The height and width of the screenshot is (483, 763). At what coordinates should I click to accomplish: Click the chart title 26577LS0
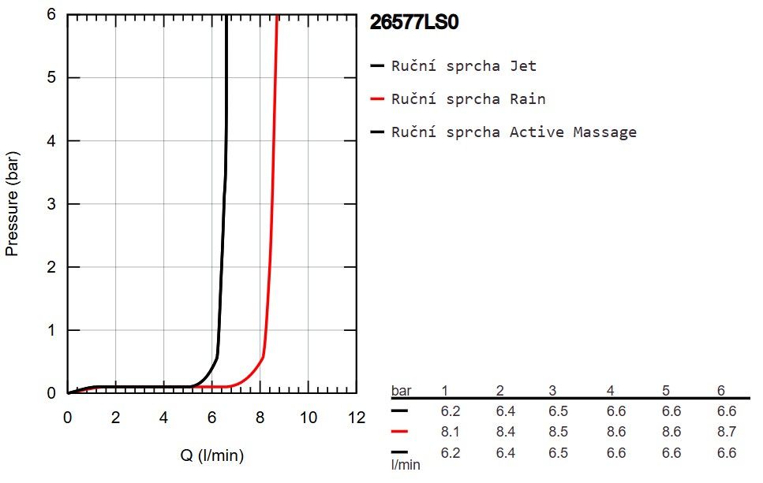click(414, 22)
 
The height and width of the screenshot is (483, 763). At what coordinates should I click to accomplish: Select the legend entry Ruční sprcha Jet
click(464, 65)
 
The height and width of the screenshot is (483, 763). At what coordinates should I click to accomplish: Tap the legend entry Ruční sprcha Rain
click(468, 98)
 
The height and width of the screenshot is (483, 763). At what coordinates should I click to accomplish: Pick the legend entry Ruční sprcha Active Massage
click(514, 132)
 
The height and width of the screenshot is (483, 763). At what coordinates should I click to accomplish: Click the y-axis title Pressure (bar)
click(12, 203)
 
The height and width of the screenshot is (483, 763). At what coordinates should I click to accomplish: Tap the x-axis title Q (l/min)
click(212, 455)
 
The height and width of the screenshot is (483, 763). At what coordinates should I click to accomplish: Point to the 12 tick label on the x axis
click(357, 418)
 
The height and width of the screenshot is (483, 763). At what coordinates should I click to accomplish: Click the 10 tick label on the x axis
click(308, 418)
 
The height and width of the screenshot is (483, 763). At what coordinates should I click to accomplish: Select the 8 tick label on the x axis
click(260, 418)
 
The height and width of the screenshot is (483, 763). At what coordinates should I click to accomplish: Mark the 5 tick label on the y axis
click(51, 78)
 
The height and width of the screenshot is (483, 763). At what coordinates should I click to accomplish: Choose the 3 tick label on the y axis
click(51, 204)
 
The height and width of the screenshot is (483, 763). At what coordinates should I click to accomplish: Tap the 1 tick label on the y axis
click(51, 330)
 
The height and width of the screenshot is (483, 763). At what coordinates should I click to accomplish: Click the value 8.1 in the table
click(450, 432)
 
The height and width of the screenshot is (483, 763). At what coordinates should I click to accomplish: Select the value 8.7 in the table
click(727, 432)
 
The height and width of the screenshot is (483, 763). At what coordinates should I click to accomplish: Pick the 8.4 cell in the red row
click(506, 432)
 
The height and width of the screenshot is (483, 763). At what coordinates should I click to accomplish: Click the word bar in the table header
click(402, 390)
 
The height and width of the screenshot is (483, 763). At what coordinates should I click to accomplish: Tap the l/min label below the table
click(406, 465)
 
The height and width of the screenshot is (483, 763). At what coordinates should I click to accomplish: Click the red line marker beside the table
click(399, 431)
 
